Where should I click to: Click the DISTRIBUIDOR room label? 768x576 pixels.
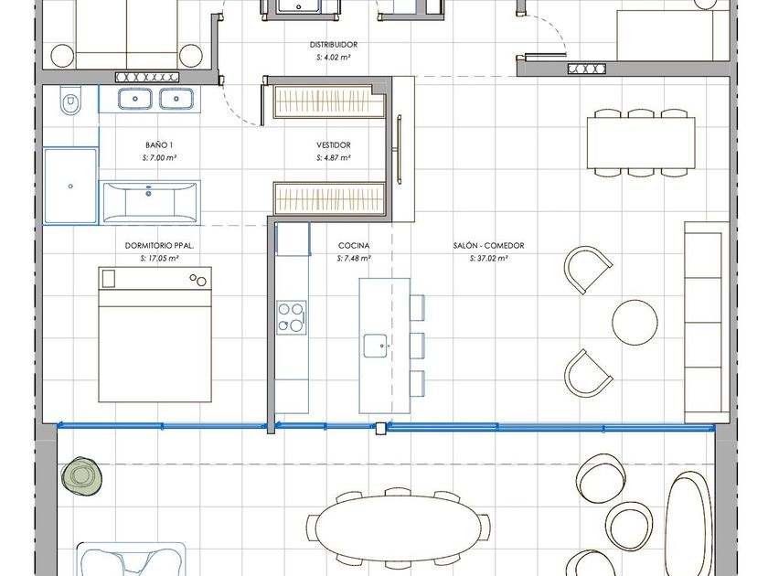[x=333, y=45]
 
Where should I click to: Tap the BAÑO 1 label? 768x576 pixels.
[x=159, y=145]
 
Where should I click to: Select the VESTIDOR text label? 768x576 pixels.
[x=333, y=145]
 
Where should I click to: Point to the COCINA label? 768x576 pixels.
[x=354, y=245]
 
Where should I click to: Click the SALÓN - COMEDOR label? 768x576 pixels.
[x=488, y=245]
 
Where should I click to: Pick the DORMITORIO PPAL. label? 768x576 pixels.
[x=159, y=245]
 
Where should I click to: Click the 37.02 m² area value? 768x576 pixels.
[x=488, y=258]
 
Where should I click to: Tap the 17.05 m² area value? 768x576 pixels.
[x=159, y=258]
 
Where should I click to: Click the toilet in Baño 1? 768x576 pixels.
[x=70, y=101]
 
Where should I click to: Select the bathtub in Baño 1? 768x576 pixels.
[x=149, y=202]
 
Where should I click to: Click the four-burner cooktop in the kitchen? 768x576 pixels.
[x=292, y=317]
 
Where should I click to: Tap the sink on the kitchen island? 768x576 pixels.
[x=375, y=346]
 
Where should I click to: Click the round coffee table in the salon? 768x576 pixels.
[x=635, y=322]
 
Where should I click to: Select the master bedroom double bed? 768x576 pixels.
[x=155, y=335]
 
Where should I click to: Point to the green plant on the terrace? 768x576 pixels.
[x=80, y=476]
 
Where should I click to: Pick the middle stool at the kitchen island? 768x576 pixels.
[x=417, y=346]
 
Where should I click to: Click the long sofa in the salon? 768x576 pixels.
[x=706, y=322]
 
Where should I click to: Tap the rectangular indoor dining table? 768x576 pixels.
[x=641, y=143]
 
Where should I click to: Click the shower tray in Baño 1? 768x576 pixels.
[x=70, y=187]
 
